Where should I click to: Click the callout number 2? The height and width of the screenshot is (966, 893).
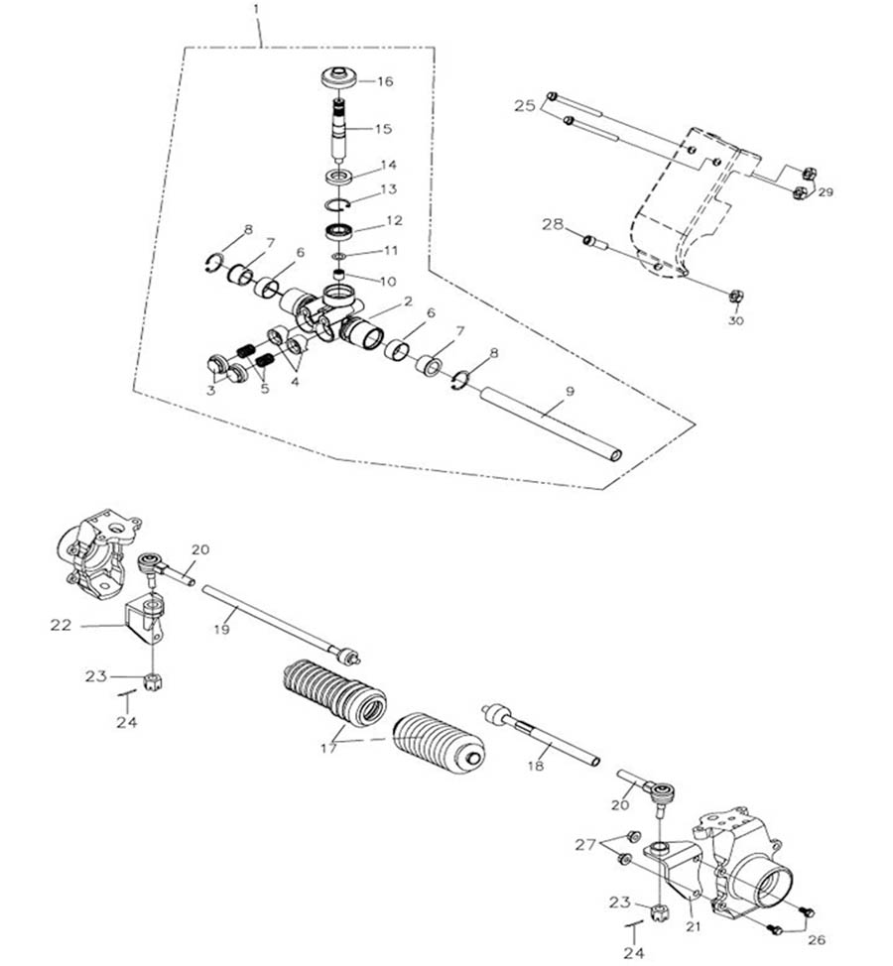[407, 301]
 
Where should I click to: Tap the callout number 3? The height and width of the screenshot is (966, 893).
[211, 390]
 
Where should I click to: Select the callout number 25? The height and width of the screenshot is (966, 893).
[525, 104]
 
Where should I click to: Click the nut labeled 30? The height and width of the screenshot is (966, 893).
[736, 296]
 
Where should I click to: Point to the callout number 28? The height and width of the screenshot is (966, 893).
[553, 225]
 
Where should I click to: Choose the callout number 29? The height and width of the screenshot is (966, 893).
[826, 191]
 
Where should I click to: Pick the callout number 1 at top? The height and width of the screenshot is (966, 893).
[256, 9]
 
